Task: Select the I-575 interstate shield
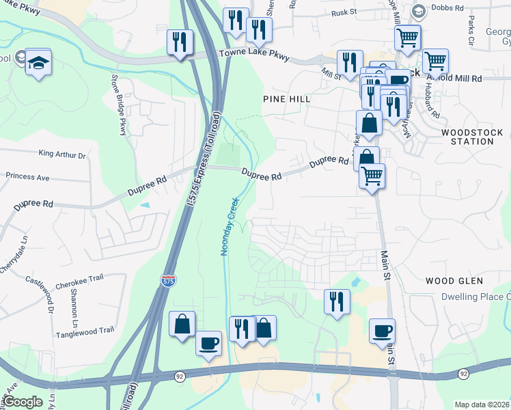(x=167, y=281)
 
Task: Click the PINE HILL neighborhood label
(x=287, y=99)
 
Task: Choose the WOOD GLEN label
(x=454, y=281)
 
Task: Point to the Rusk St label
(x=344, y=12)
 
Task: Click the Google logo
(x=23, y=402)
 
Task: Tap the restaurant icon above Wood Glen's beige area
(x=337, y=301)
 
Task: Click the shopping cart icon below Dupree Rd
(x=372, y=176)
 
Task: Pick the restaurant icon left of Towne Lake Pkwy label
(x=180, y=42)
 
